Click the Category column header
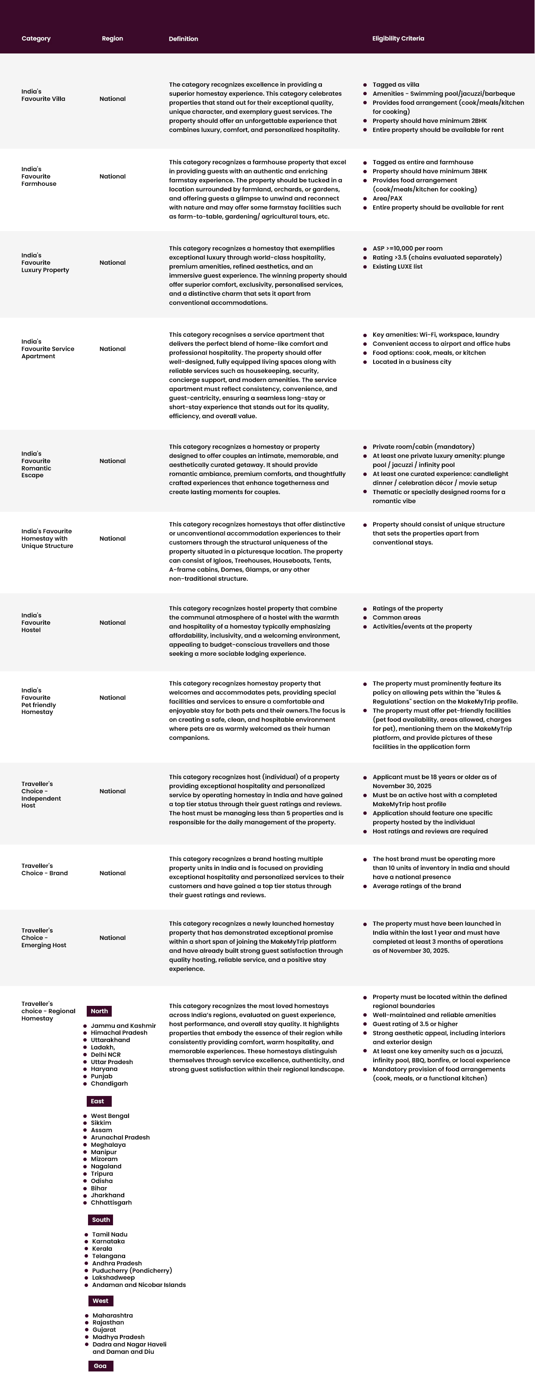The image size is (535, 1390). point(36,38)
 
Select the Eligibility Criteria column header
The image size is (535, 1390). point(398,38)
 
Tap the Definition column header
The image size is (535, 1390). point(183,39)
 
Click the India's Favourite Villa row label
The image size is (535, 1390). point(43,95)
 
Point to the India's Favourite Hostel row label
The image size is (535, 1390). point(36,622)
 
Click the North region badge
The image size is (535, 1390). point(99,1011)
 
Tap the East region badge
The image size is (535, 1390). point(98,1101)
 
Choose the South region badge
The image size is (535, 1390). point(101,1220)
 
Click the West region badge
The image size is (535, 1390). point(101,1300)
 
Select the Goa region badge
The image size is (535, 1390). point(101,1366)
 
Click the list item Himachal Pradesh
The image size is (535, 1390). point(119,1033)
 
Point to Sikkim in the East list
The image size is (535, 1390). point(101,1123)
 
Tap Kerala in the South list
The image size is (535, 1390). point(102,1249)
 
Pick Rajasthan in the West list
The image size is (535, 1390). point(108,1322)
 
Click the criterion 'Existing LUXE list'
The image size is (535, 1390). point(397,266)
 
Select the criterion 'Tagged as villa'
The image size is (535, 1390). point(395,85)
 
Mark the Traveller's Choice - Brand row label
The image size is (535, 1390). point(44,869)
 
